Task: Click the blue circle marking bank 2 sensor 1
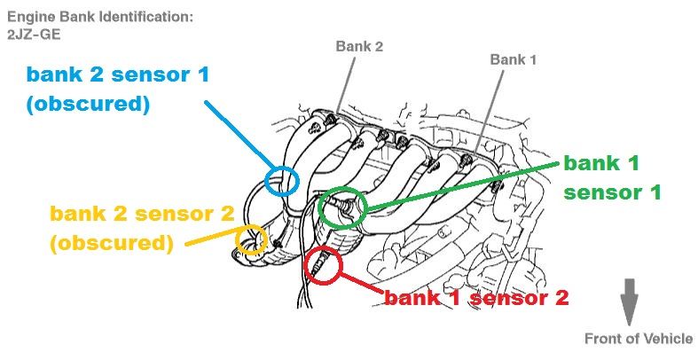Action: coord(284,180)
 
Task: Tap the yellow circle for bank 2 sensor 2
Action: coord(251,239)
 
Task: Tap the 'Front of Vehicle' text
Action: coord(638,339)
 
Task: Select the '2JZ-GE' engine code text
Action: coord(31,34)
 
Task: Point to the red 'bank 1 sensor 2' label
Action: coord(475,298)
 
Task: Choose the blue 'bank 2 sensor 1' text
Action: coord(117,74)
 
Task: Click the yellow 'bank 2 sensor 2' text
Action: coord(142,214)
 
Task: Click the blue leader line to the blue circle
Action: coord(239,133)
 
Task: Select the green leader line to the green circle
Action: coord(461,185)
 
